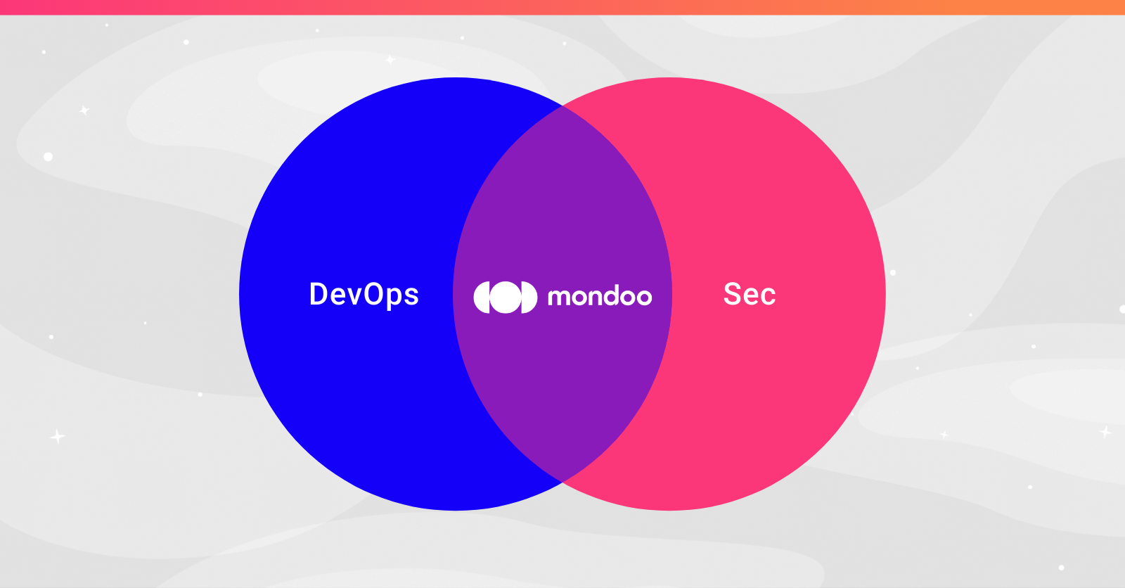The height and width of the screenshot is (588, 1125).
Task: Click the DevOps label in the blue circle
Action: [x=364, y=295]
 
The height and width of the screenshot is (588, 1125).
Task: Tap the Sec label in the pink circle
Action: [x=750, y=294]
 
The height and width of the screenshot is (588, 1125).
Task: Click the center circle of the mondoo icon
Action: [x=506, y=297]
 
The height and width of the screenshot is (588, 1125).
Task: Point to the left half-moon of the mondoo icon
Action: [x=481, y=297]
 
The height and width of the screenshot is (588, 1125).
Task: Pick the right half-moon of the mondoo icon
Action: [x=530, y=297]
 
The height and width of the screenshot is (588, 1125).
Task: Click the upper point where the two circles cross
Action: [x=562, y=106]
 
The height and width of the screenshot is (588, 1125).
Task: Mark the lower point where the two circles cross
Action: [x=562, y=482]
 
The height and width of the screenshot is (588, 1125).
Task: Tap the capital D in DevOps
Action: [x=318, y=293]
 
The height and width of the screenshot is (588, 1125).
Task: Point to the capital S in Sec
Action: [x=731, y=294]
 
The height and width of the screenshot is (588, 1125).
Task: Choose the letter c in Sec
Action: [x=769, y=297]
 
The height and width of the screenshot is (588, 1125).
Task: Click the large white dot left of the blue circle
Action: [x=49, y=157]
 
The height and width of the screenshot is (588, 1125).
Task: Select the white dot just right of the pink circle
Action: [x=893, y=273]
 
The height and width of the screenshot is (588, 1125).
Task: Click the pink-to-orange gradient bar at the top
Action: [x=562, y=7]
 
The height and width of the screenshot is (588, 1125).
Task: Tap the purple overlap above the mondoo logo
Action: [x=562, y=201]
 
